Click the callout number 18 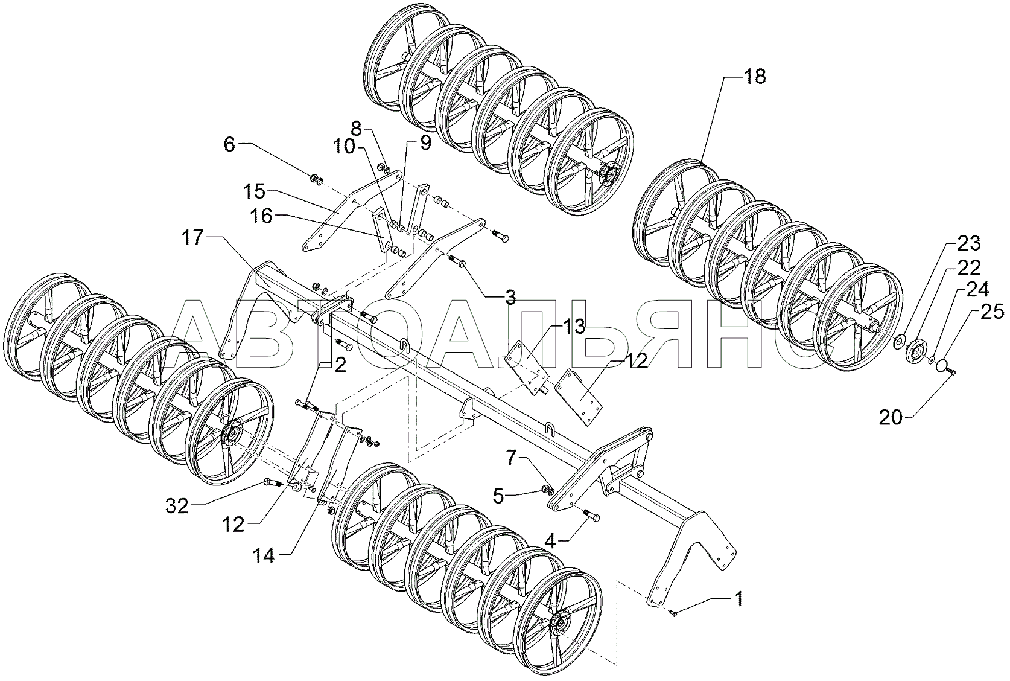755,77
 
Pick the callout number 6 229,144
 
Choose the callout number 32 177,507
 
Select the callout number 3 510,296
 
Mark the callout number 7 510,458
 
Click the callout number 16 261,216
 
